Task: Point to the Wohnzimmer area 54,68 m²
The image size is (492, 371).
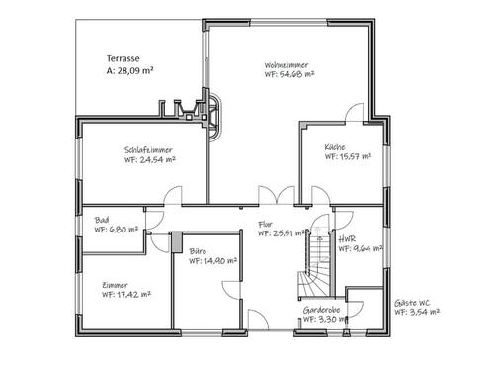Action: pos(288,74)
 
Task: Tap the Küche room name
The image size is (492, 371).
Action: pos(335,148)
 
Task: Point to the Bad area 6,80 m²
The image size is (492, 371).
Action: pos(117,229)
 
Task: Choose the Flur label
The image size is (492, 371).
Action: pos(264,225)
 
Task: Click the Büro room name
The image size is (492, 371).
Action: pos(198,253)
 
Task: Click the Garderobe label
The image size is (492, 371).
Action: pos(322,310)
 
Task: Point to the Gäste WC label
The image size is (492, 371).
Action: pos(413,301)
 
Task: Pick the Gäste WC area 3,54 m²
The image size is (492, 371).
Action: pos(416,311)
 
